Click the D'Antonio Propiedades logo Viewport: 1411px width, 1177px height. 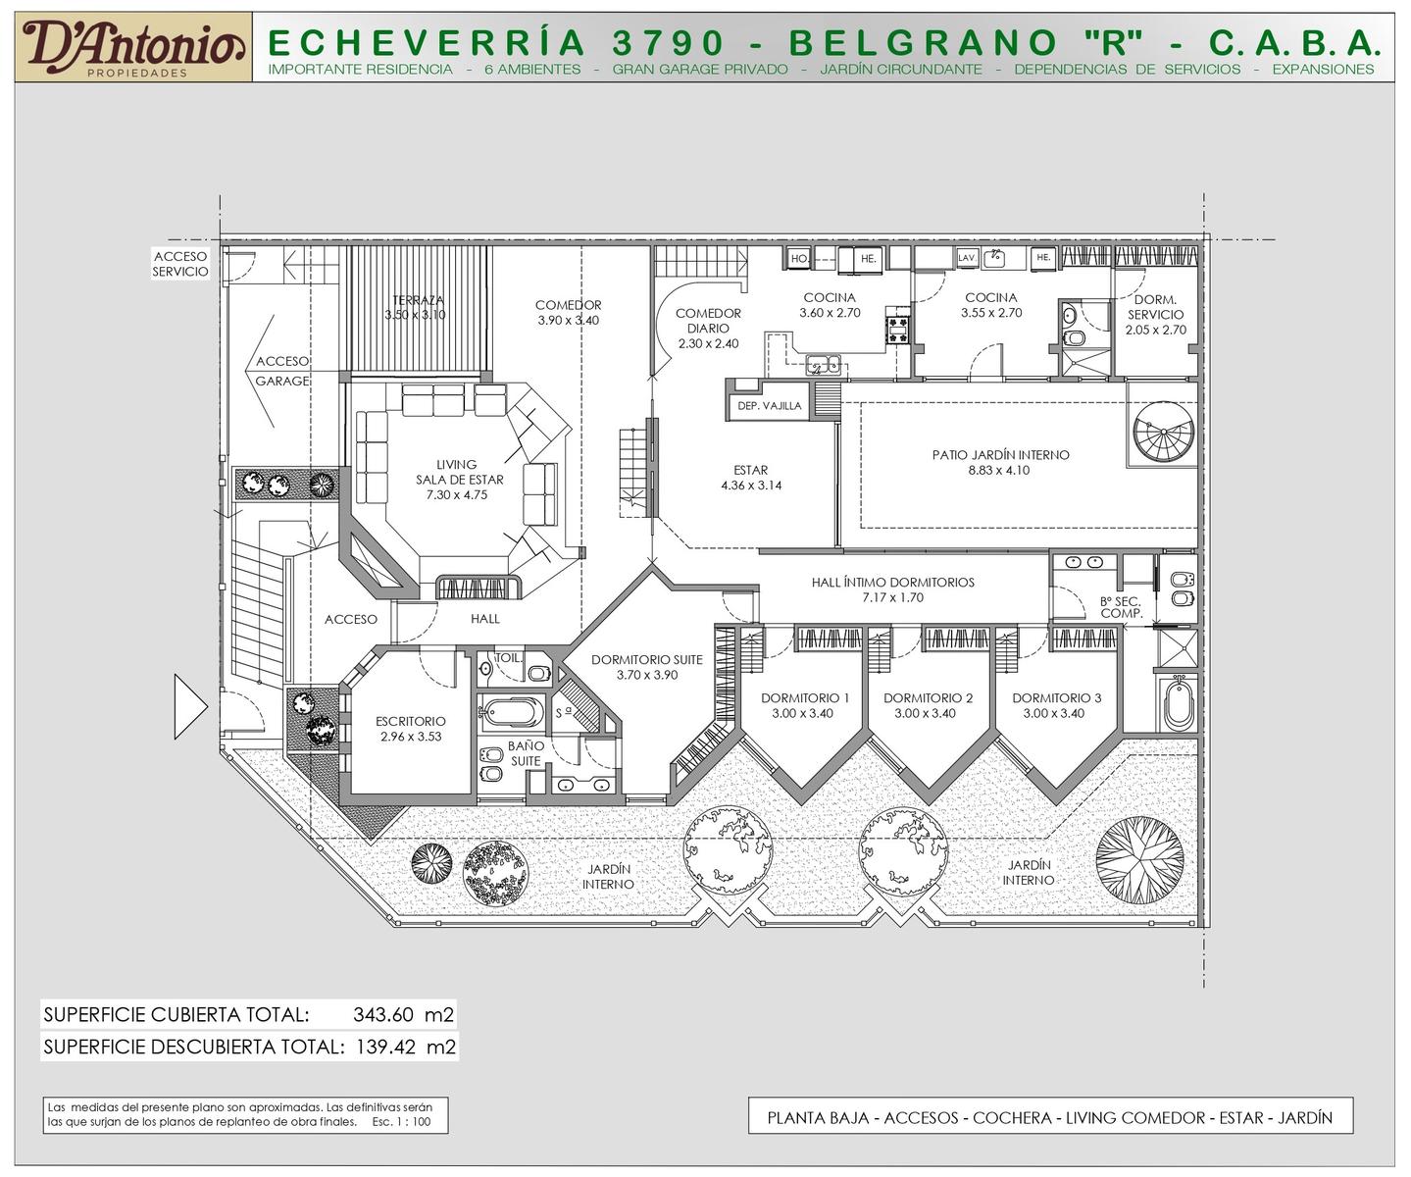click(133, 47)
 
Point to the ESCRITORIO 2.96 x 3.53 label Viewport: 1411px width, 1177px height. click(410, 729)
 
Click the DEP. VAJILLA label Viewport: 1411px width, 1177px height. click(769, 406)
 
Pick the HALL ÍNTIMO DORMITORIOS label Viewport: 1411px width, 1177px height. click(892, 582)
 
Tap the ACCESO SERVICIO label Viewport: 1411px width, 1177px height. click(179, 264)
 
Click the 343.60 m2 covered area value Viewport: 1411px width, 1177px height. click(403, 1014)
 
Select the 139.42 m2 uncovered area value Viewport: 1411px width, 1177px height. click(406, 1047)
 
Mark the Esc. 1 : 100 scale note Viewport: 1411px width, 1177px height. click(401, 1121)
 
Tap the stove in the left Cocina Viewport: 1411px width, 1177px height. click(898, 330)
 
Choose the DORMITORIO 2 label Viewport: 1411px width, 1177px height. click(928, 697)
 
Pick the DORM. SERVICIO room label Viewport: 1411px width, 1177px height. click(1155, 315)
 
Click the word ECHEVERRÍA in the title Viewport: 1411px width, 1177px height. click(427, 42)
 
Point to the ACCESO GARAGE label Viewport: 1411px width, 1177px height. click(282, 371)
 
